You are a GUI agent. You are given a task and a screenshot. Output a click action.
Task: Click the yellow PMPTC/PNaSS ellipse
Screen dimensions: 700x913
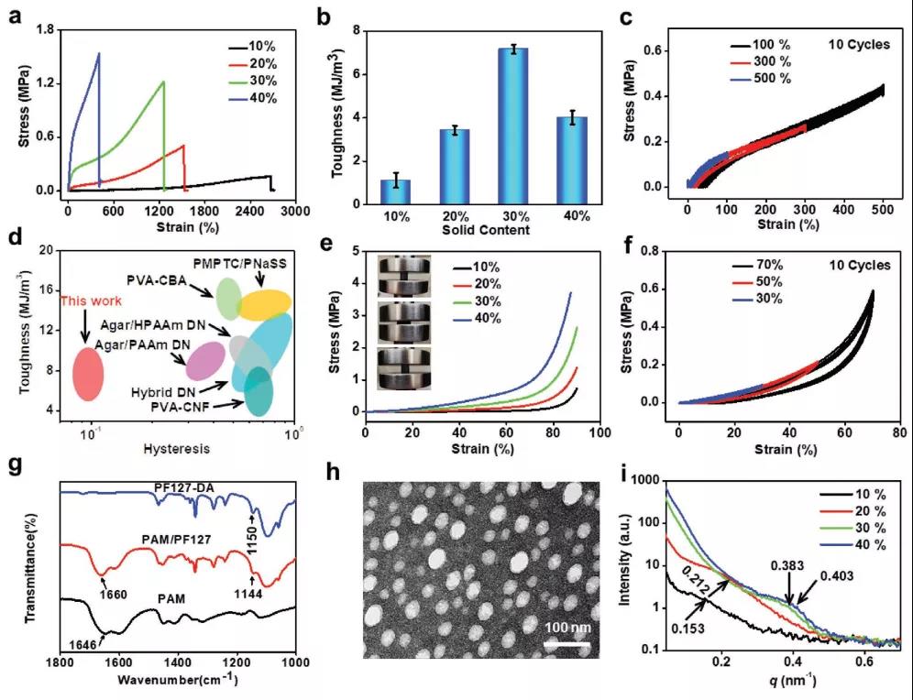pyautogui.click(x=265, y=302)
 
